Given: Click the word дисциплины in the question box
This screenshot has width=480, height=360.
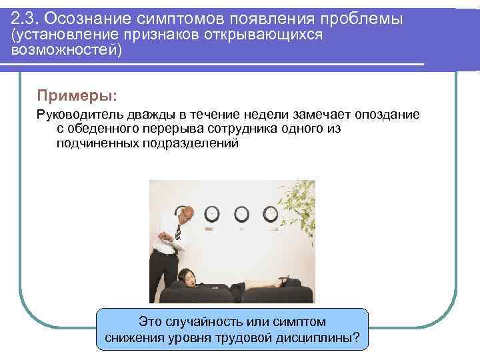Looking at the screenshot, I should tap(311, 338).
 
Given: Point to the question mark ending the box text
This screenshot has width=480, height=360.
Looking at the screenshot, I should tap(355, 338).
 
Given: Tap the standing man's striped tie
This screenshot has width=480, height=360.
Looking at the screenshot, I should tap(178, 233).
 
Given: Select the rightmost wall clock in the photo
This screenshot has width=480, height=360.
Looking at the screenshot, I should tap(271, 213).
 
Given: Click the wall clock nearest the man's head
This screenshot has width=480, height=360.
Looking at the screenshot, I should tap(212, 213).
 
